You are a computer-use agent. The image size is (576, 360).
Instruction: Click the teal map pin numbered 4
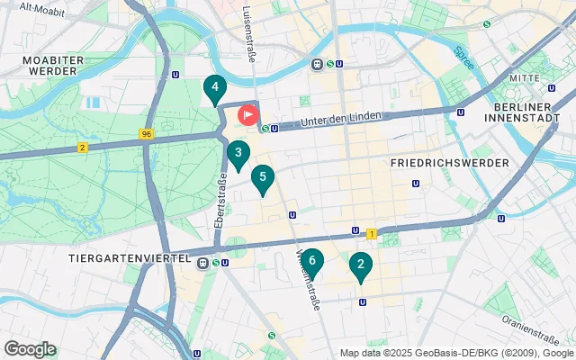tap(214, 88)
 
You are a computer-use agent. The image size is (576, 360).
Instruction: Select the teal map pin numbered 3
tap(238, 154)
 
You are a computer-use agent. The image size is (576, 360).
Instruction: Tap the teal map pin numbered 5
tap(262, 178)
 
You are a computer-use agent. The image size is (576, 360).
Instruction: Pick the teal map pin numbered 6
tap(311, 263)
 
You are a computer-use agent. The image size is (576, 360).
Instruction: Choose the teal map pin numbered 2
tap(361, 265)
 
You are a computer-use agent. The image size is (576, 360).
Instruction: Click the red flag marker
tap(248, 115)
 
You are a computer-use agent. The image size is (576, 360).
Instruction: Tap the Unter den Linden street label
tap(342, 119)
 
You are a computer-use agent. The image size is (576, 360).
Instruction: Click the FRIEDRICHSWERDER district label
tap(450, 163)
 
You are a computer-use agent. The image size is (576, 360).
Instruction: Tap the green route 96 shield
tap(146, 134)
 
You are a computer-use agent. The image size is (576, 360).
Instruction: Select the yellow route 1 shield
tap(371, 234)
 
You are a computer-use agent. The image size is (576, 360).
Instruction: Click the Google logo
tap(30, 349)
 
